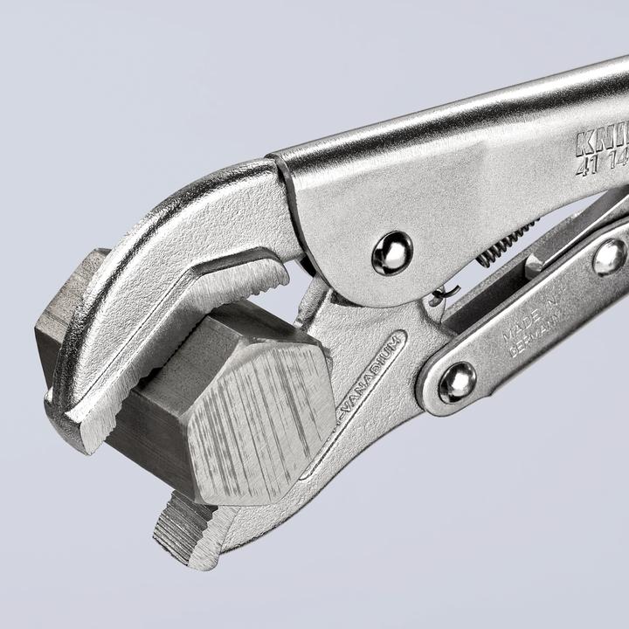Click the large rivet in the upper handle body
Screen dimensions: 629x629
pos(391,253)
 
